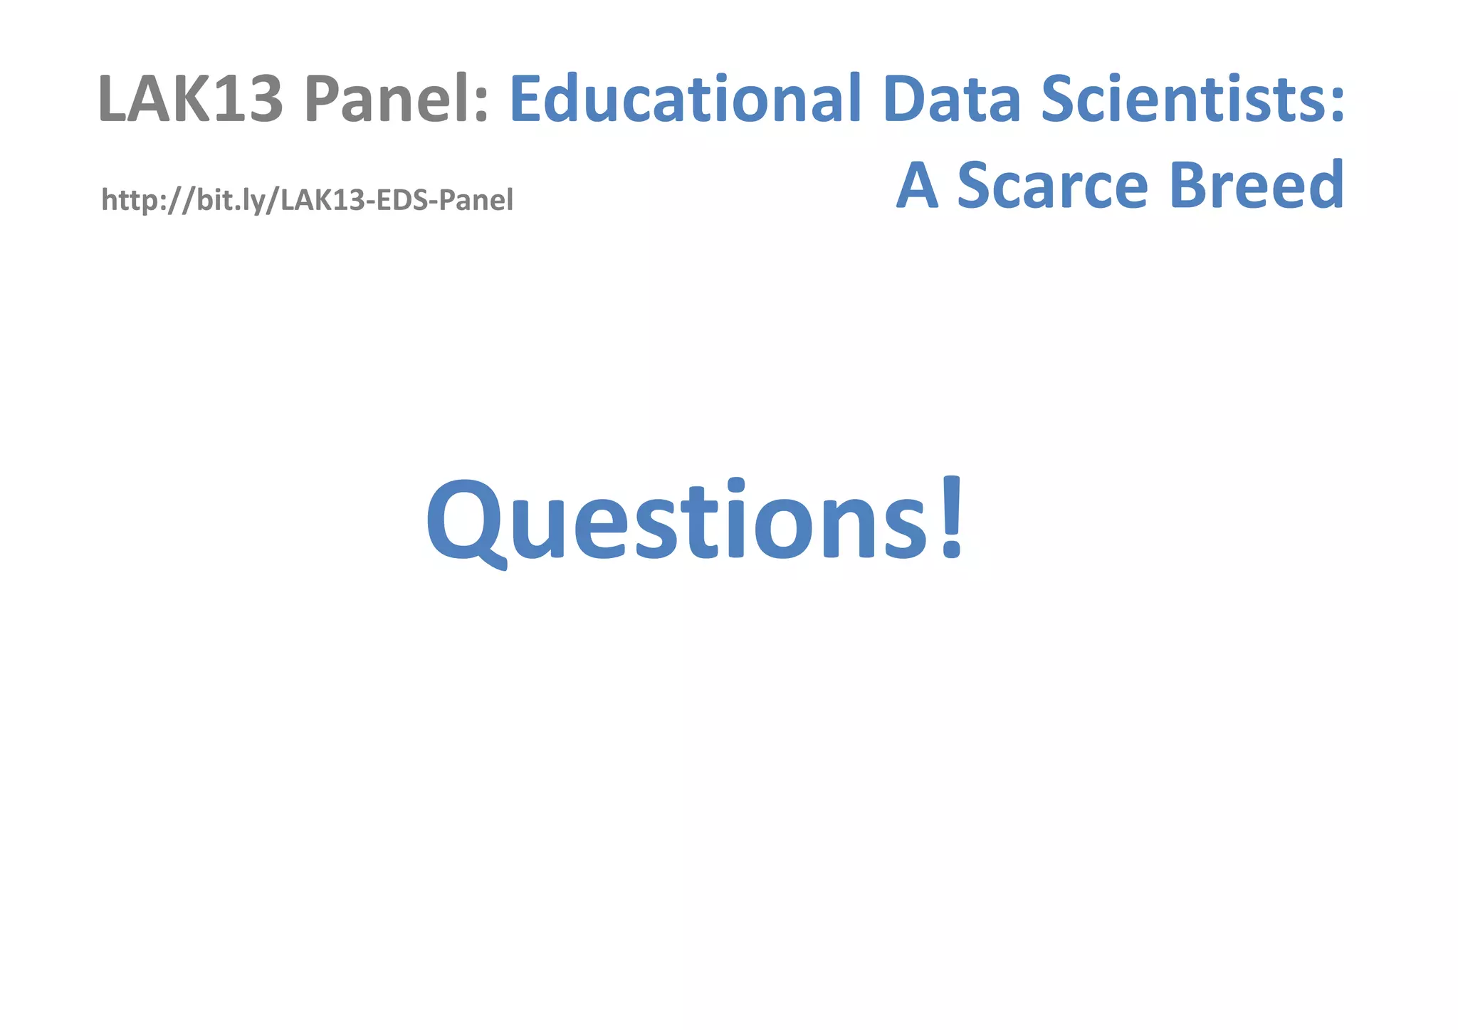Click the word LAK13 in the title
[x=191, y=99]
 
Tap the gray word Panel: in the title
[x=396, y=99]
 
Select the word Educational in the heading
[x=685, y=99]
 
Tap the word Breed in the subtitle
[x=1256, y=185]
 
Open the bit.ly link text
[x=307, y=201]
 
